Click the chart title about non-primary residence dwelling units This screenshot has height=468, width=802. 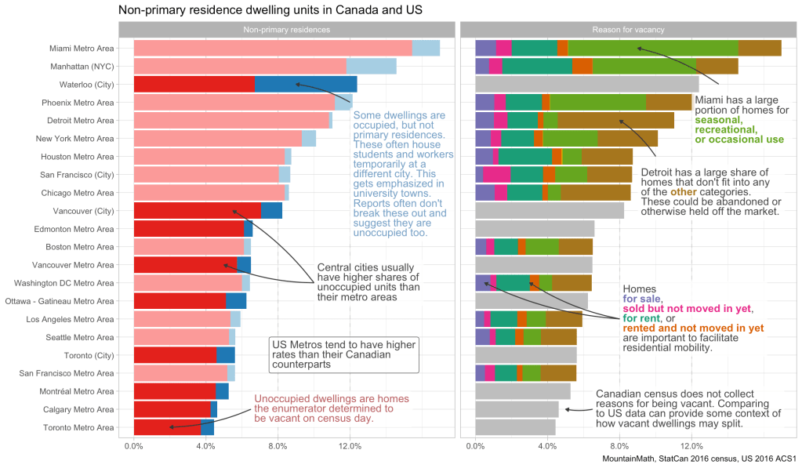270,11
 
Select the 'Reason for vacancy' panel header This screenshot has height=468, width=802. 628,29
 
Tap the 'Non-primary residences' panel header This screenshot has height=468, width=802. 286,29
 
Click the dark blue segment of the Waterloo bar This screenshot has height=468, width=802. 306,85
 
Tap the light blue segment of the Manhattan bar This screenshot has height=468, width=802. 371,67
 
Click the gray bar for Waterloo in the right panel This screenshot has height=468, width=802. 586,85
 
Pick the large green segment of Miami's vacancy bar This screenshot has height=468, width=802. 652,49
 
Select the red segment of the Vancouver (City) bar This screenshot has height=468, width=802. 197,211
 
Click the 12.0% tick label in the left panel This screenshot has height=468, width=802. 350,446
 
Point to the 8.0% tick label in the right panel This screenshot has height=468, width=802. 619,446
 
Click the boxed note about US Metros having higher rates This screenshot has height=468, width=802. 343,354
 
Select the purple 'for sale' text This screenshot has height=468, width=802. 642,299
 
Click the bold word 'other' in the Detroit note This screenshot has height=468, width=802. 683,192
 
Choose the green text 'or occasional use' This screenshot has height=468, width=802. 739,140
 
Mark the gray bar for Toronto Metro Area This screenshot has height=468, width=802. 515,427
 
